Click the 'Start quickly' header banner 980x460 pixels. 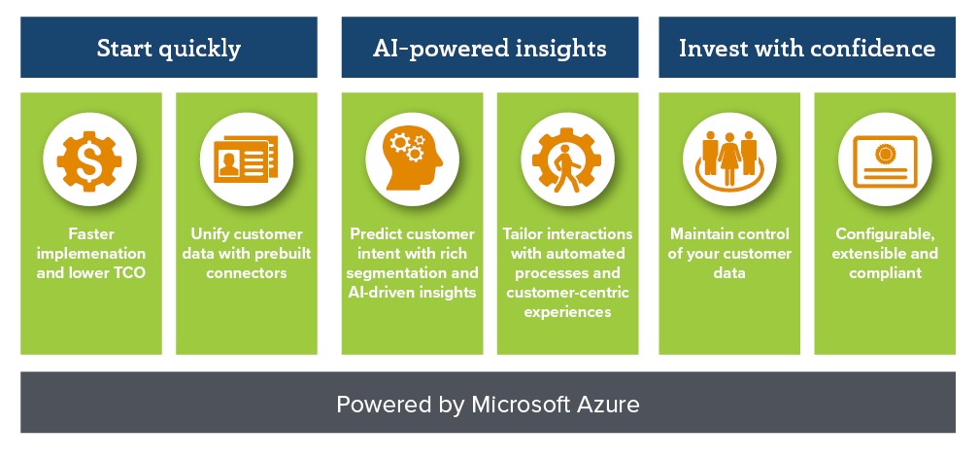tap(169, 48)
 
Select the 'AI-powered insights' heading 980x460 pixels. tap(490, 49)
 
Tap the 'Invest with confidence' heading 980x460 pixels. tap(807, 49)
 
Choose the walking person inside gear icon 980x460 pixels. tap(567, 159)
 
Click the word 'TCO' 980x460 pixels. tap(130, 273)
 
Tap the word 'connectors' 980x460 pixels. tap(247, 273)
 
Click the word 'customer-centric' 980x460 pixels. tap(567, 293)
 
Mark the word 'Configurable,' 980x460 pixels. tap(885, 234)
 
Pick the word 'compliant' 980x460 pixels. tap(885, 273)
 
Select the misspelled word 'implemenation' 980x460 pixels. tap(90, 254)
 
